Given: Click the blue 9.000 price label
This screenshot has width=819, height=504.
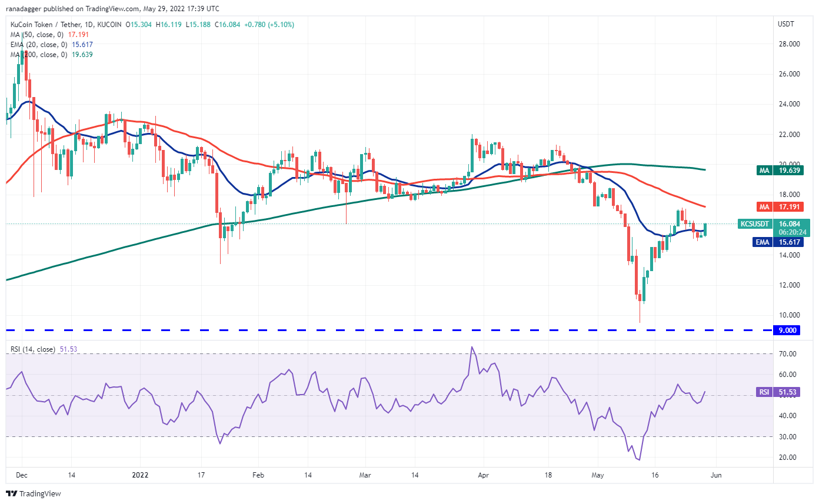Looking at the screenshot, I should [788, 331].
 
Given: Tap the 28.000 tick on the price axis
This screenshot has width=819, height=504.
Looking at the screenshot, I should [788, 44].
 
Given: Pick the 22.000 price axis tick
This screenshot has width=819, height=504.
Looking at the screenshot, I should [788, 135].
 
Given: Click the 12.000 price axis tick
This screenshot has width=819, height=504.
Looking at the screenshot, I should [788, 285].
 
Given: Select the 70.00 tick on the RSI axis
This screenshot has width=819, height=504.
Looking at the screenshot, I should [788, 354].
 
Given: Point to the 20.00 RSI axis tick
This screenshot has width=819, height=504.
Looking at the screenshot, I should [788, 458].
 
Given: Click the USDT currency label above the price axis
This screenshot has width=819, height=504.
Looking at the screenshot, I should [785, 24].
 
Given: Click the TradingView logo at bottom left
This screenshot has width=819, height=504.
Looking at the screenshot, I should [34, 493].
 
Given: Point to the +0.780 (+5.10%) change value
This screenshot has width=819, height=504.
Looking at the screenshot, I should [270, 25].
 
